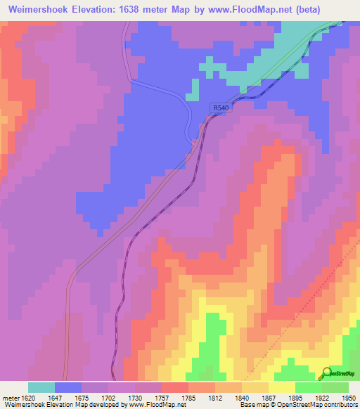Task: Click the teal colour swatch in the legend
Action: coord(41,387)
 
